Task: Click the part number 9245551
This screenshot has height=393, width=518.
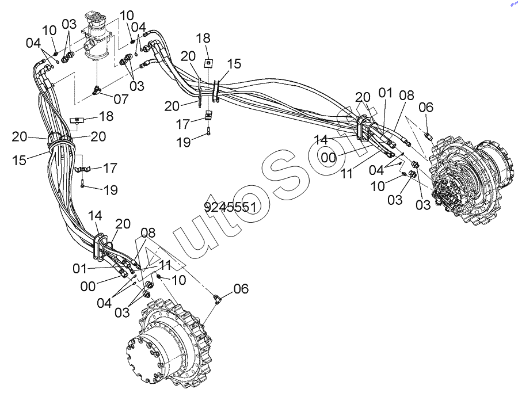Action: click(230, 207)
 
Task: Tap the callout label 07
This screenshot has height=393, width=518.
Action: click(121, 99)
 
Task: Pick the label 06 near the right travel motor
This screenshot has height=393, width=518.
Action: click(426, 107)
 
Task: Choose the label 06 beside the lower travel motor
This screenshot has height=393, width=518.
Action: click(241, 289)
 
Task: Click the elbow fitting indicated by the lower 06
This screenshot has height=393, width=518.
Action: click(217, 297)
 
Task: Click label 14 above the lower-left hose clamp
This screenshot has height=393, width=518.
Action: click(96, 216)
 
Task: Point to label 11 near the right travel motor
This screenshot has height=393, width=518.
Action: click(346, 173)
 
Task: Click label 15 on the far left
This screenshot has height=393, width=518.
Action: click(20, 159)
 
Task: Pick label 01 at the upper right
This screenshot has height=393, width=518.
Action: click(385, 93)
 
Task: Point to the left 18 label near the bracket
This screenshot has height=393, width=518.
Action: click(105, 117)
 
